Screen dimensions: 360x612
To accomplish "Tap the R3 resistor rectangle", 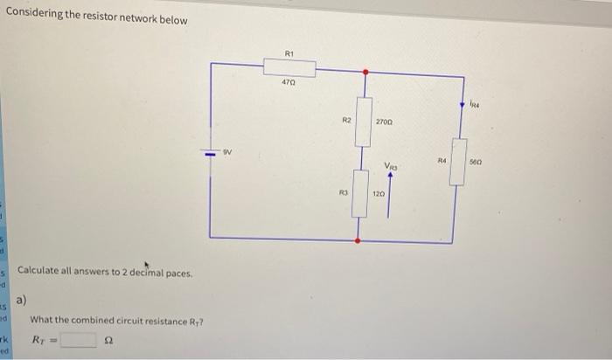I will point(358,194).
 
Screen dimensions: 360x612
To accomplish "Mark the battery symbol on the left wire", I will point(210,159).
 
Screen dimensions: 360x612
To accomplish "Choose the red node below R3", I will point(357,239).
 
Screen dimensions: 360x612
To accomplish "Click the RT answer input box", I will point(77,339).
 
